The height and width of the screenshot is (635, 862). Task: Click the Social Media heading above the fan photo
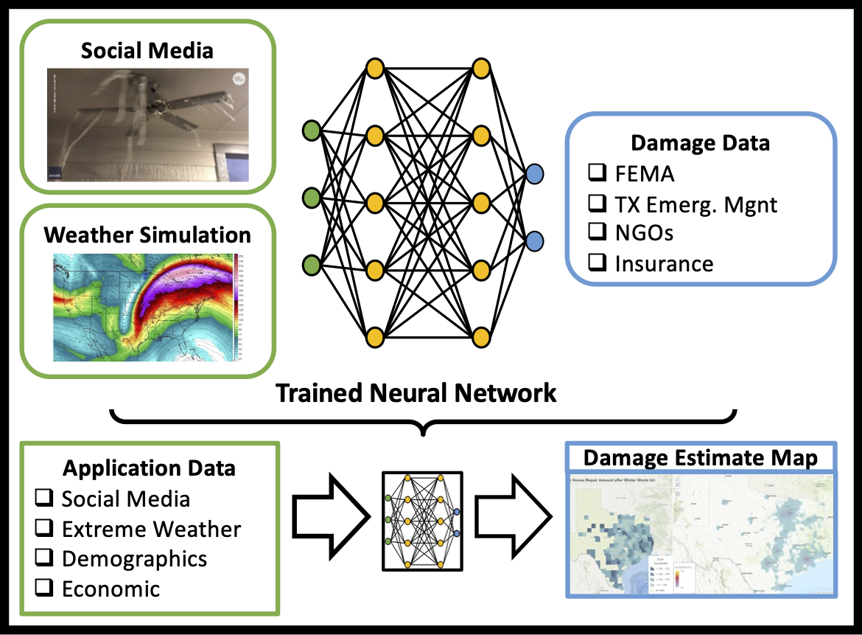tap(147, 50)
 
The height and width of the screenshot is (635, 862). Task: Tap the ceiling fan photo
tap(148, 126)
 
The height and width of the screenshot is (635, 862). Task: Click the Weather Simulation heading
tap(147, 235)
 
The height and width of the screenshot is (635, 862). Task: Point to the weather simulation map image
tap(148, 308)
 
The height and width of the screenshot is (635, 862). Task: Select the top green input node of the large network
tap(312, 132)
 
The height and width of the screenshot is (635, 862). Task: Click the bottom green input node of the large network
tap(312, 264)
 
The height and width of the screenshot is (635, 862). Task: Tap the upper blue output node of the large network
tap(535, 174)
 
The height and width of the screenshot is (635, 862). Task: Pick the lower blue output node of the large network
tap(535, 240)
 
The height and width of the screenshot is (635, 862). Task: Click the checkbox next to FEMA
tap(597, 173)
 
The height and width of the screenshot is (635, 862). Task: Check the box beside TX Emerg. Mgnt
tap(597, 204)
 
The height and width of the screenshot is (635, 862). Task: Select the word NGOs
tap(644, 233)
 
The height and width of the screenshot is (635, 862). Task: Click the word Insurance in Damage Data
tap(664, 263)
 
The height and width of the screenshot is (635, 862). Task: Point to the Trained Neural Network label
tap(416, 392)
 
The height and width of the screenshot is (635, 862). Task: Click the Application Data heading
tap(149, 468)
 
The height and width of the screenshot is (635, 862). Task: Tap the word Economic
tap(111, 589)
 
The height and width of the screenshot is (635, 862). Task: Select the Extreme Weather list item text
tap(151, 529)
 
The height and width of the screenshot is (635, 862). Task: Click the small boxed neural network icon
tap(422, 521)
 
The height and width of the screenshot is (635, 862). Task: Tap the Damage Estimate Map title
tap(700, 458)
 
